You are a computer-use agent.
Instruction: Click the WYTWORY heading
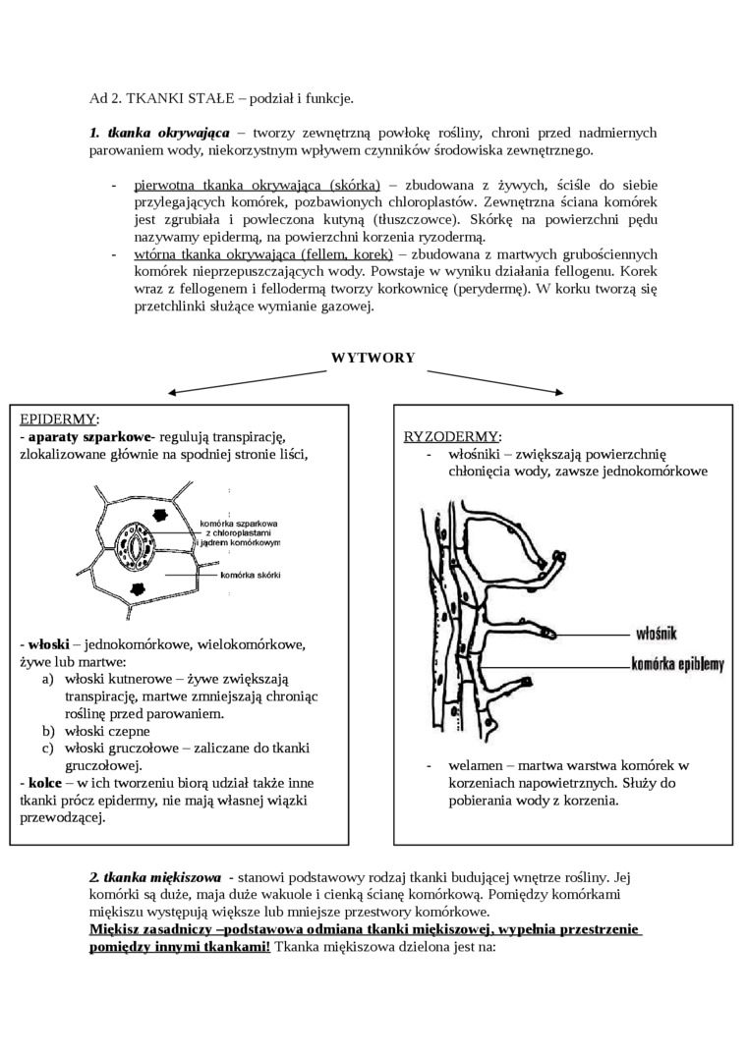click(373, 358)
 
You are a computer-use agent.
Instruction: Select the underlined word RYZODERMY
click(452, 436)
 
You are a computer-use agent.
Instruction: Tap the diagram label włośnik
click(657, 634)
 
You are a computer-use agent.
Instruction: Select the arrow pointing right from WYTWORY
click(496, 381)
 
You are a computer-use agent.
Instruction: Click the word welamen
click(475, 765)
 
